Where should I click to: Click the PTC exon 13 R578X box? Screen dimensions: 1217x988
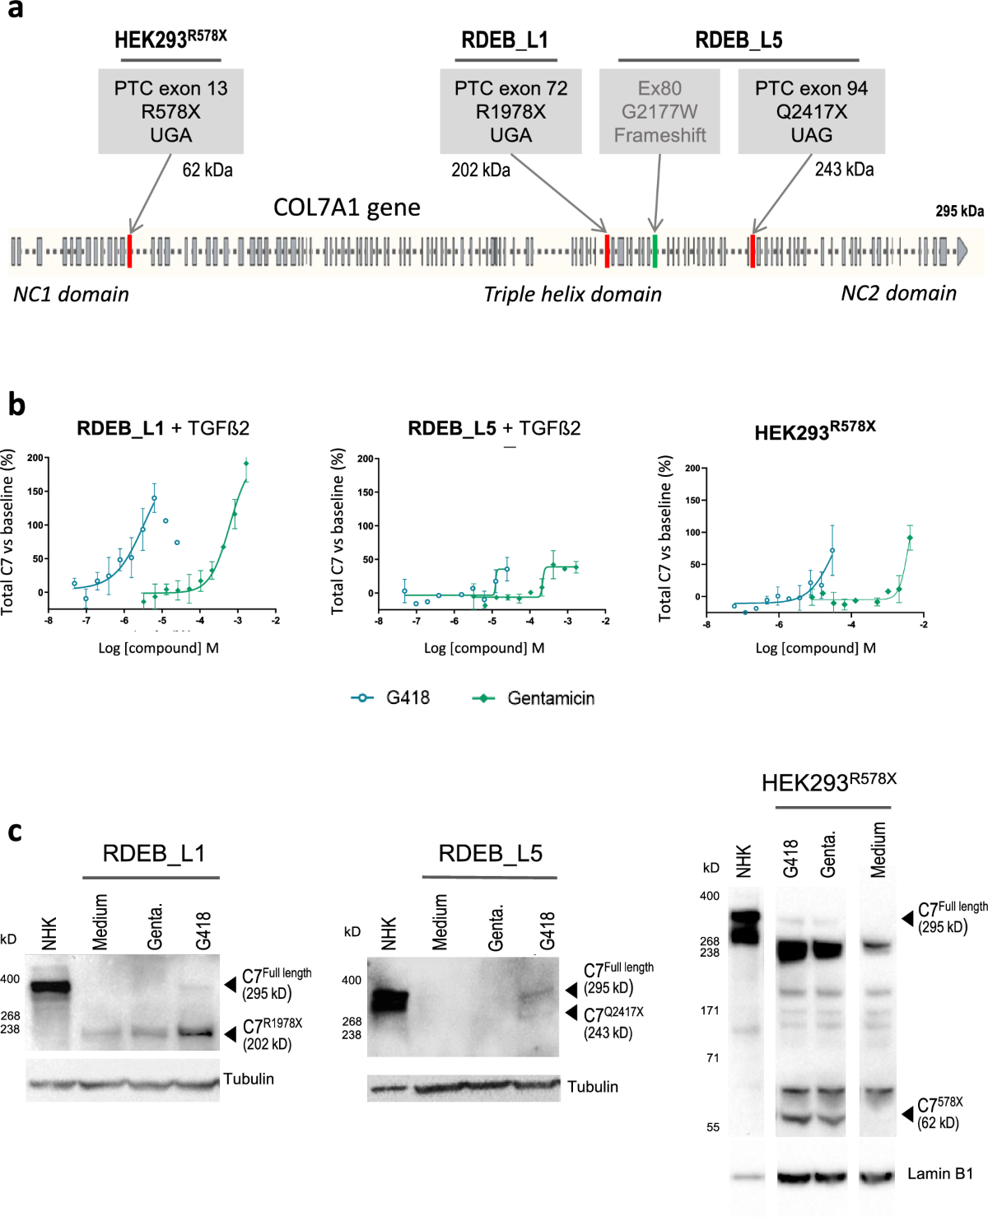coord(170,111)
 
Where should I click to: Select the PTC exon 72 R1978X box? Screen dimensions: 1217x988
coord(510,111)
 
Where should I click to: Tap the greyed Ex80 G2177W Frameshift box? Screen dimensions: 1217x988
coord(659,111)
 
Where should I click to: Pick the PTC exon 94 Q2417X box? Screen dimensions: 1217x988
coord(811,111)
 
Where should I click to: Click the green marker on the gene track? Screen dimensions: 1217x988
coord(655,250)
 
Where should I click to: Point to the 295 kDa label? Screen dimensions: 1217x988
coord(959,211)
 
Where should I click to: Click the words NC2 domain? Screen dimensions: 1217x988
coord(898,293)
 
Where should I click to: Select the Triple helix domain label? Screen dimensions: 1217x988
coord(572,294)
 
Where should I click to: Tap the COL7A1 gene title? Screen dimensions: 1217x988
coord(347,207)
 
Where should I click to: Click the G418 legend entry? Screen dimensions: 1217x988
coord(391,698)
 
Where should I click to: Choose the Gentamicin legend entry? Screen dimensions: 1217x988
coord(534,698)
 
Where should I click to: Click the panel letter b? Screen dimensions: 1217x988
coord(16,404)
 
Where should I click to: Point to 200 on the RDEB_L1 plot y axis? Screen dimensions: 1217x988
coord(35,458)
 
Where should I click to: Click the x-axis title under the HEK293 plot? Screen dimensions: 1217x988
coord(815,648)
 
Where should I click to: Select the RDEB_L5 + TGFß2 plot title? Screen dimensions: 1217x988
coord(494,428)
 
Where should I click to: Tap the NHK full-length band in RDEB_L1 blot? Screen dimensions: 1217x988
coord(50,986)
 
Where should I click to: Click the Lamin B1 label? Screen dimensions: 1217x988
coord(939,1173)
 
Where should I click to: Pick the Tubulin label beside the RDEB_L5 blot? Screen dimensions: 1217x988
coord(592,1087)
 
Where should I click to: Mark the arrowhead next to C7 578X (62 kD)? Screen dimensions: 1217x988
coord(907,1113)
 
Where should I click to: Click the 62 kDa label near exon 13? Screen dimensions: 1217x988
coord(207,170)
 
